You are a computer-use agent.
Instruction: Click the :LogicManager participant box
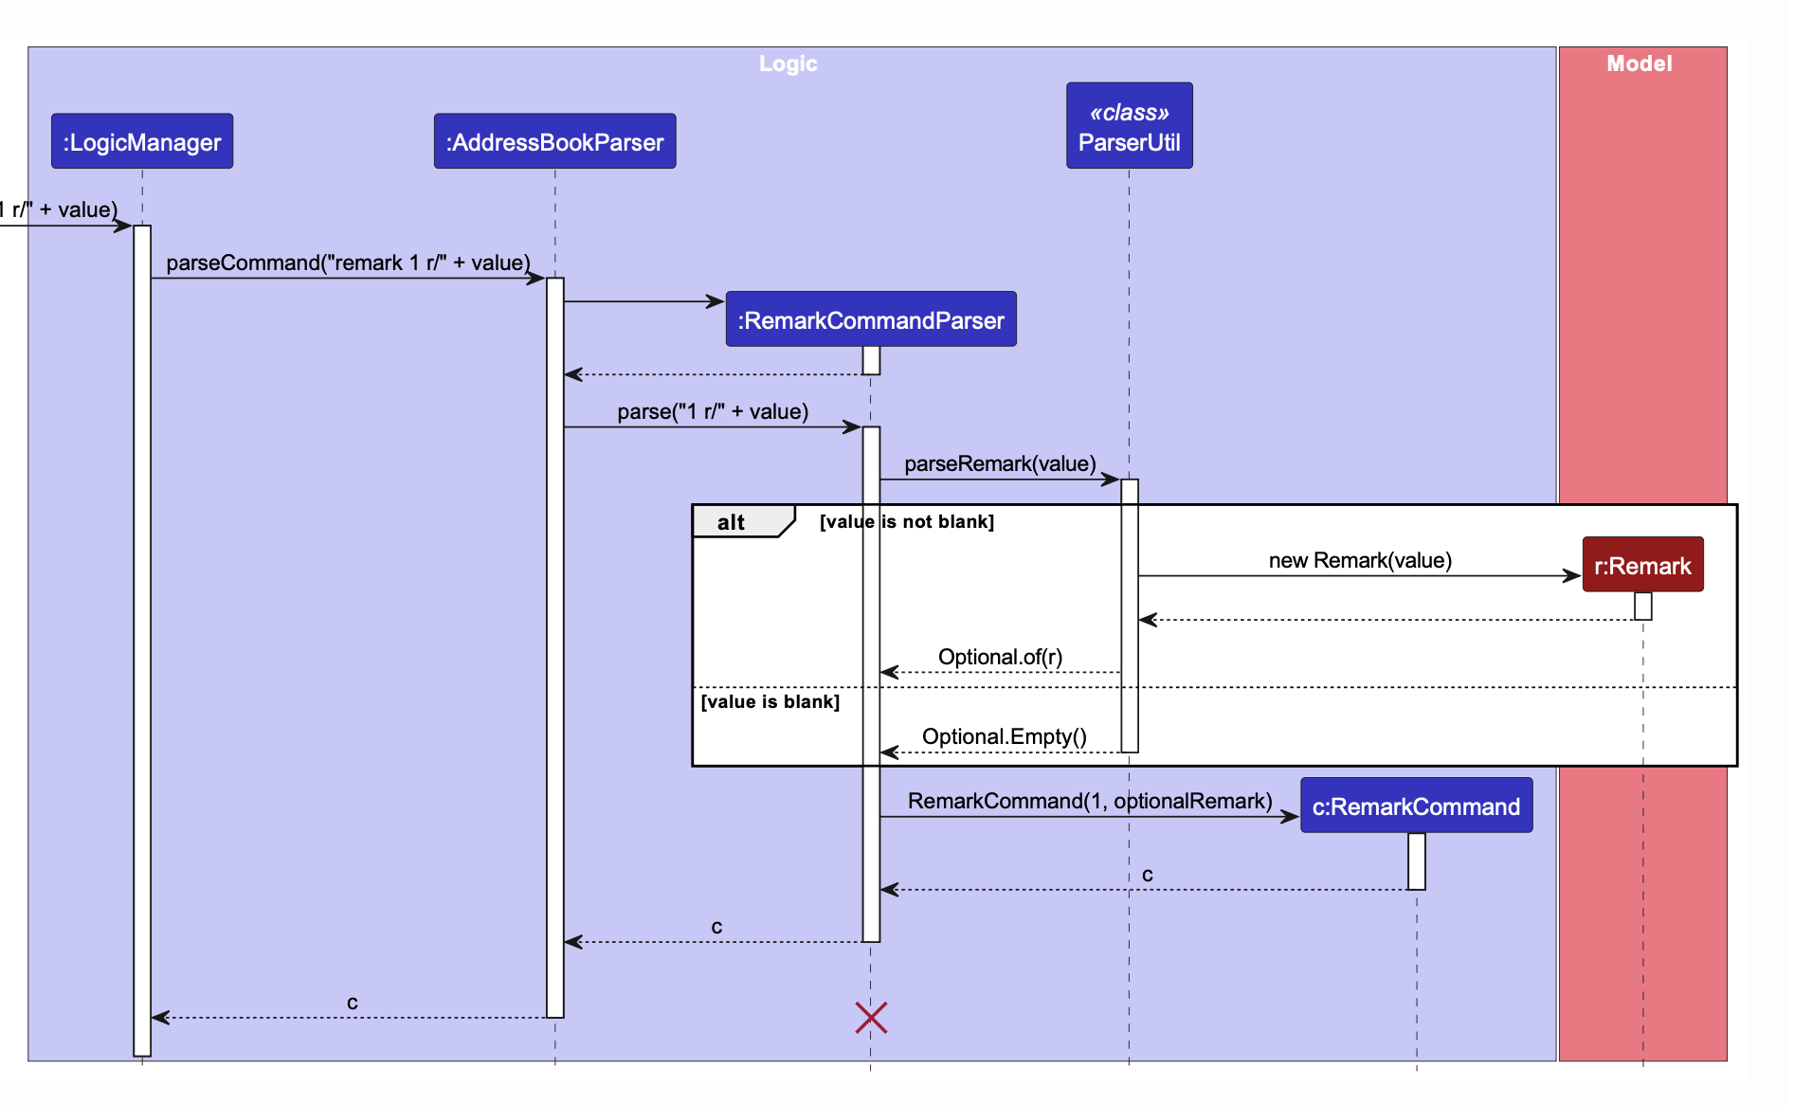coord(142,142)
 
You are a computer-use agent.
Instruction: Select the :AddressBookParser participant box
coord(554,142)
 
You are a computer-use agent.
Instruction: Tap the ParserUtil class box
coord(1129,126)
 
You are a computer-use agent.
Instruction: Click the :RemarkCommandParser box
coord(870,320)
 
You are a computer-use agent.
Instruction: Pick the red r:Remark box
coord(1642,566)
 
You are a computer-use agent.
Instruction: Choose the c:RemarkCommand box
coord(1416,806)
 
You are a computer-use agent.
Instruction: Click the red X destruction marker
coord(871,1018)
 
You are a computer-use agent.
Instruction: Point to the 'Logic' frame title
coord(788,63)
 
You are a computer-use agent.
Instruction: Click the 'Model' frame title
coord(1639,63)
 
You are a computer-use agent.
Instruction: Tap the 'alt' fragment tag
coord(732,522)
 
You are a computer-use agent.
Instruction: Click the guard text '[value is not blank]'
coord(906,522)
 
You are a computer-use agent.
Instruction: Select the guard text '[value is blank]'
coord(770,702)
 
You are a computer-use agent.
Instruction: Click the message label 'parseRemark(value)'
coord(1000,463)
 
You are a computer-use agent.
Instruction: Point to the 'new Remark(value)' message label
coord(1360,560)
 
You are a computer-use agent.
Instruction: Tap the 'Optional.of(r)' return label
coord(1000,657)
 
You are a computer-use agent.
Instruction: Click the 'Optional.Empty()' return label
coord(1004,736)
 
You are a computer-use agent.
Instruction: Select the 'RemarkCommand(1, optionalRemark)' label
coord(1090,801)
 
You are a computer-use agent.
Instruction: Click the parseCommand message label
coord(348,263)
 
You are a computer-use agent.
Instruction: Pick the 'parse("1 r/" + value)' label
coord(713,411)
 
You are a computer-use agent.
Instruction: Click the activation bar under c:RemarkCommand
coord(1416,860)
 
